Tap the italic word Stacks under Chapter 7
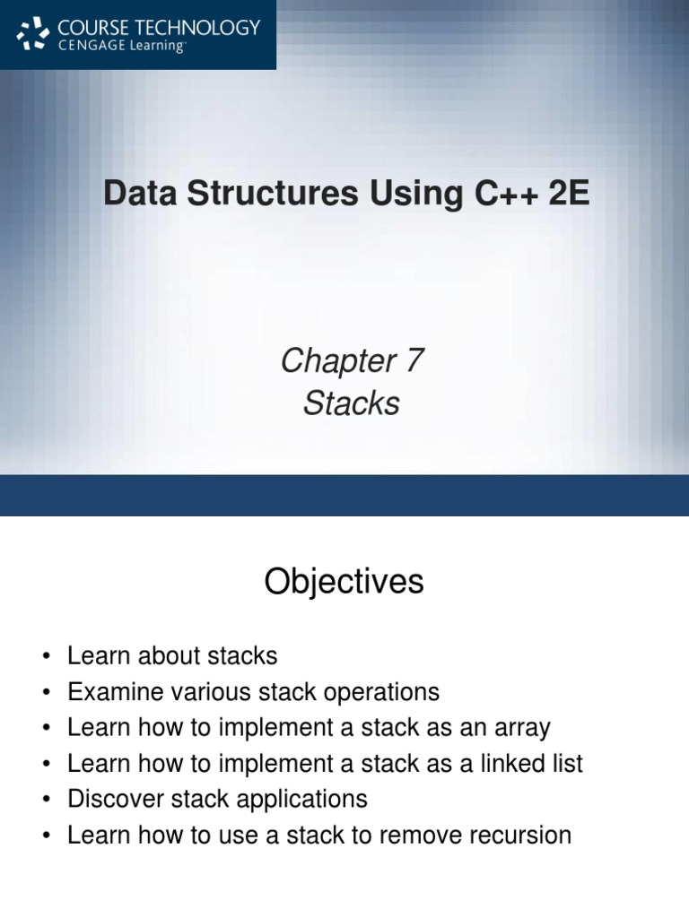coord(351,403)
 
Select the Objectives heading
coord(344,583)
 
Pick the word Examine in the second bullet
coord(115,692)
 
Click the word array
coord(519,728)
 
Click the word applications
coord(301,800)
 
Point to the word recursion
coord(518,836)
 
